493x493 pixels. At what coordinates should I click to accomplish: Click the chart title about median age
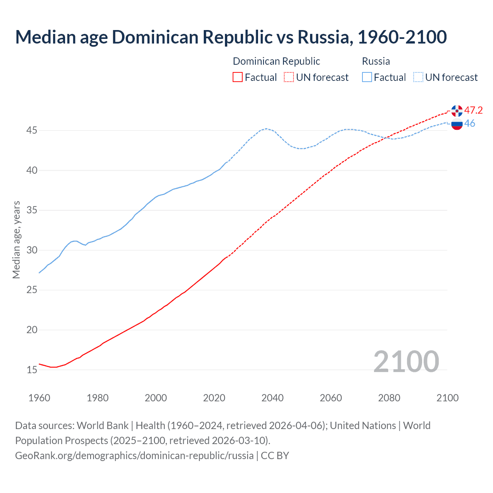click(231, 37)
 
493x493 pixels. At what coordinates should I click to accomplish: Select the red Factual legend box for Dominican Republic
click(238, 77)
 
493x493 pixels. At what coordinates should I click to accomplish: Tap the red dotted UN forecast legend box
click(289, 77)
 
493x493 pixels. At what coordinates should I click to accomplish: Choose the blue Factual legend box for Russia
click(367, 77)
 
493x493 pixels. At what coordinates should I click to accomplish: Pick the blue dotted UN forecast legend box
click(418, 77)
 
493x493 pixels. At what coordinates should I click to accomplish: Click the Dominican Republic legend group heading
click(276, 61)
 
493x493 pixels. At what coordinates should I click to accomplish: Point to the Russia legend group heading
click(376, 61)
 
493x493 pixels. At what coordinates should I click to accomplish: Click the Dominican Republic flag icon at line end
click(457, 111)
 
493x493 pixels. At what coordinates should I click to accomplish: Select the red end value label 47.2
click(473, 111)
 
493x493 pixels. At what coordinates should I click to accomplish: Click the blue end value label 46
click(470, 124)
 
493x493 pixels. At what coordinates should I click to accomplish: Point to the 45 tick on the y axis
click(32, 131)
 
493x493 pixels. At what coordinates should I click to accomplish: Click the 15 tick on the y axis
click(32, 370)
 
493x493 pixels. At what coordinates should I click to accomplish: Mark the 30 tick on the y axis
click(32, 250)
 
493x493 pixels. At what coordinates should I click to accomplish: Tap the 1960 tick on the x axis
click(39, 398)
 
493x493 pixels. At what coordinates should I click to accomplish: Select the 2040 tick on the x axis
click(272, 398)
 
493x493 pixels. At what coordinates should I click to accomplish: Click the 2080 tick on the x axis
click(389, 398)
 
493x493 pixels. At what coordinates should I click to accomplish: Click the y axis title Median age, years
click(16, 240)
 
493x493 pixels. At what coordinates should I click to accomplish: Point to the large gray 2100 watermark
click(406, 362)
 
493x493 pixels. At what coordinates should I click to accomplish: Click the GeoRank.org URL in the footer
click(134, 456)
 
